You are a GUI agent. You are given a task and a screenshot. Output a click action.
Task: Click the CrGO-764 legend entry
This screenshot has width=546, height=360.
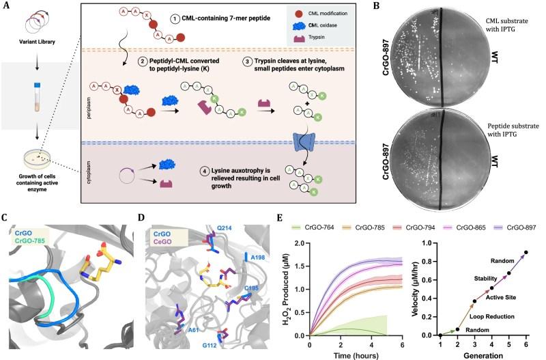coord(313,227)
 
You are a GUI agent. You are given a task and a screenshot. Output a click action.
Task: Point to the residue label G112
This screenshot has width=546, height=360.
coord(210,346)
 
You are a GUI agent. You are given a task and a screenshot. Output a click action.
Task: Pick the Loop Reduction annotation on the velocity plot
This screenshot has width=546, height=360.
coord(491,316)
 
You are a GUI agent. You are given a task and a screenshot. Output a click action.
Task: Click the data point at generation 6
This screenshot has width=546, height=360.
coord(526,252)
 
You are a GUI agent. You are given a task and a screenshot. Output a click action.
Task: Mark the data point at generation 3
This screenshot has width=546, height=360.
coord(474,301)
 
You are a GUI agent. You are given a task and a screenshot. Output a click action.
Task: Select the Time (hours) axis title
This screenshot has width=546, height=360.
coord(356,355)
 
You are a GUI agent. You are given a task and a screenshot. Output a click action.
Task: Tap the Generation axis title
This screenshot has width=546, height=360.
coord(483,355)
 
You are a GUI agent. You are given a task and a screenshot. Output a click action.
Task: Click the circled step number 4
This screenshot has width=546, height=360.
coord(205,171)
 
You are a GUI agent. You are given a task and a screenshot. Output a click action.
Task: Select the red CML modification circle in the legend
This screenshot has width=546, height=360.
coord(298,14)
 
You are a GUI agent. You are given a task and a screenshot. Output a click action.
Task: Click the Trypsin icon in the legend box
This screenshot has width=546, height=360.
coord(298,38)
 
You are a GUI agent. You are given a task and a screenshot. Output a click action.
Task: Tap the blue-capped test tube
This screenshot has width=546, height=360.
coord(38,97)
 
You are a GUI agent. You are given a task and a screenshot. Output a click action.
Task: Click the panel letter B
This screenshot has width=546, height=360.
coord(377,5)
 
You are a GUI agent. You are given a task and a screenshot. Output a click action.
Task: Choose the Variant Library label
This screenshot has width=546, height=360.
coord(38,42)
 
